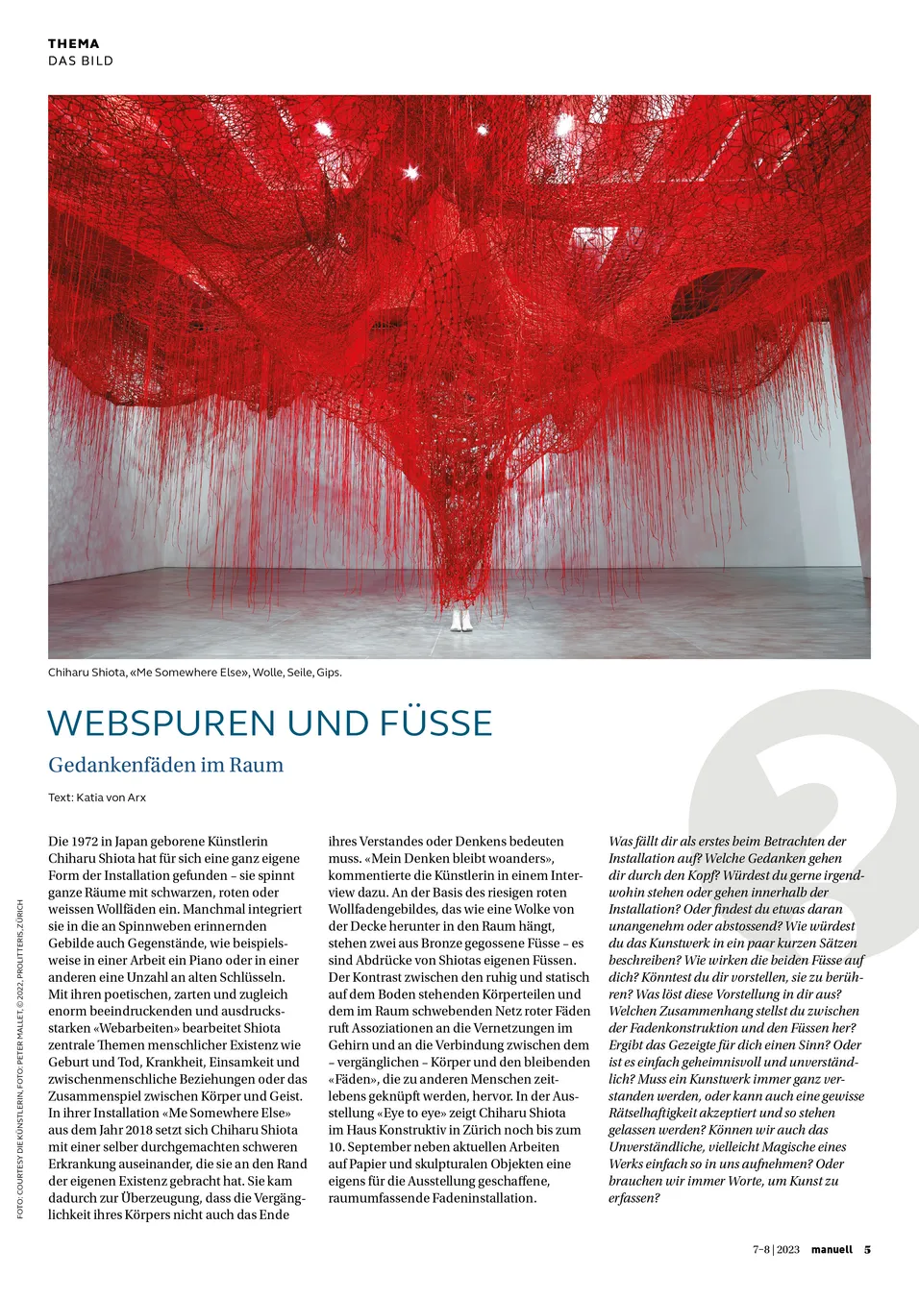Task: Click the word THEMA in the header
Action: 74,43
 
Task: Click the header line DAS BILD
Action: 81,61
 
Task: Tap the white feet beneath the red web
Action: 461,620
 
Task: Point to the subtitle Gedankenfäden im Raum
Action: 165,765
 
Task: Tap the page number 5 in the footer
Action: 867,1250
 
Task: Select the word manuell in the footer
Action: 832,1250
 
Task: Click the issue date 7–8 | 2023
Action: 776,1250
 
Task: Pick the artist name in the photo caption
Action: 87,673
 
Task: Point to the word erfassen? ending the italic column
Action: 633,1198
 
